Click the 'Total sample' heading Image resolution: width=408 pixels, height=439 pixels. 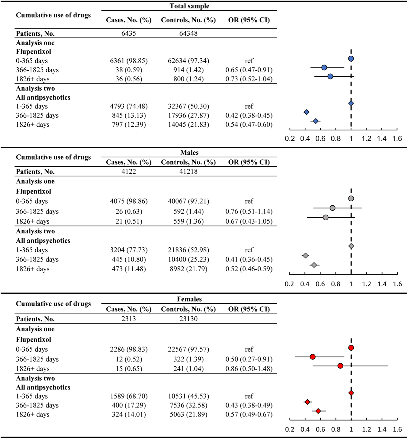click(x=189, y=6)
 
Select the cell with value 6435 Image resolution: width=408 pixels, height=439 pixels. click(x=129, y=33)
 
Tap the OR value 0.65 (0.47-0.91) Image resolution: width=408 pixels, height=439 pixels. click(x=249, y=70)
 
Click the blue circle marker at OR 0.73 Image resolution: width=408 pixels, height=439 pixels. click(x=330, y=77)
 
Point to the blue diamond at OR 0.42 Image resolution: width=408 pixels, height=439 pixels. click(x=307, y=112)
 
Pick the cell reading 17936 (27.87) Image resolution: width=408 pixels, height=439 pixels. click(x=188, y=115)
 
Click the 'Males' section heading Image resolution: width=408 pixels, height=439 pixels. click(x=189, y=153)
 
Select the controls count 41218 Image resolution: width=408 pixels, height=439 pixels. click(x=188, y=172)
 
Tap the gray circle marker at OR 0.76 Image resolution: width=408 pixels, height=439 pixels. click(x=332, y=208)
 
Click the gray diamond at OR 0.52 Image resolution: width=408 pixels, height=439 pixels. click(x=314, y=265)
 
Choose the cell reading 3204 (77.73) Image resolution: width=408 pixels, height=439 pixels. click(x=129, y=250)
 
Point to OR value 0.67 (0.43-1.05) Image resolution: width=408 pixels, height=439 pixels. click(x=249, y=221)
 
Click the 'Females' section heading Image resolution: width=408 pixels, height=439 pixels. click(x=189, y=299)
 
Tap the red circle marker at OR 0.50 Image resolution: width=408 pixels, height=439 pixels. click(x=313, y=357)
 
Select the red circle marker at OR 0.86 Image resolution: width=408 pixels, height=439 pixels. click(x=340, y=366)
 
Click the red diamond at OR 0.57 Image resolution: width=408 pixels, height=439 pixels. click(x=318, y=411)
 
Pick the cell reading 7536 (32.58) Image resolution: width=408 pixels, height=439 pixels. click(x=188, y=405)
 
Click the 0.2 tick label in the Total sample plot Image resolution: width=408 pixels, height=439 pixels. click(x=290, y=139)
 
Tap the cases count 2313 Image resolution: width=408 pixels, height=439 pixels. click(x=129, y=319)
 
